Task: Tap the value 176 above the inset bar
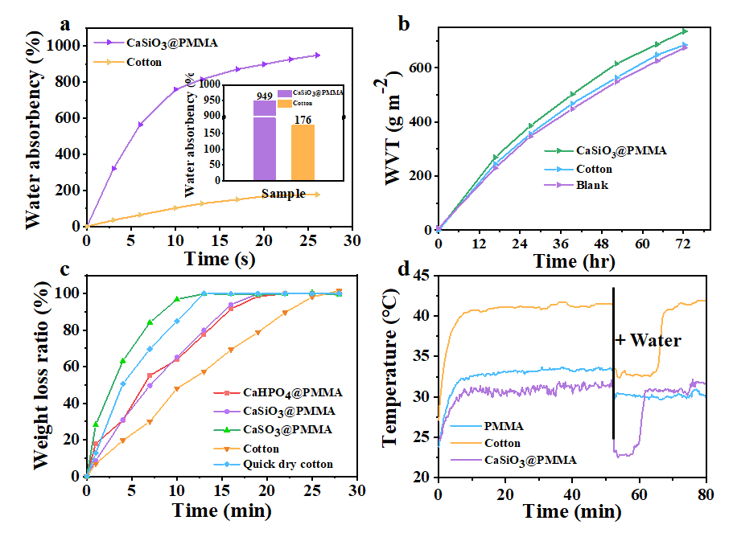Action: (x=303, y=118)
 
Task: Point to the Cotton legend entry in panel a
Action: (x=144, y=62)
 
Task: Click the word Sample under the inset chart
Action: (x=282, y=194)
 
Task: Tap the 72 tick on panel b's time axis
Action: (x=683, y=243)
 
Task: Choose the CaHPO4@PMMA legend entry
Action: (x=278, y=393)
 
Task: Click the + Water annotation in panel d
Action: (x=648, y=341)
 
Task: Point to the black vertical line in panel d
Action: (x=613, y=362)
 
